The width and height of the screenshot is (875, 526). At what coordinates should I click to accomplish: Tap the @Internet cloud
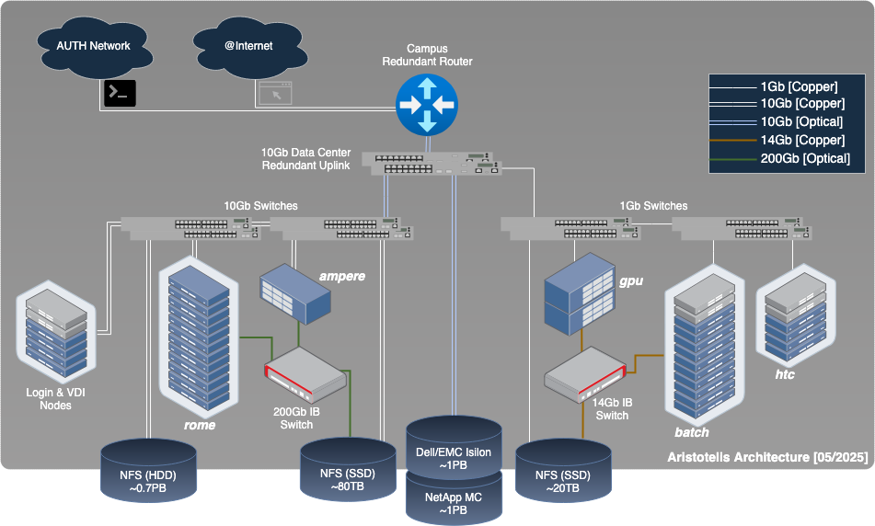[x=246, y=46]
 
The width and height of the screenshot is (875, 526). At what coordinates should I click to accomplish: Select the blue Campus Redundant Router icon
[x=426, y=103]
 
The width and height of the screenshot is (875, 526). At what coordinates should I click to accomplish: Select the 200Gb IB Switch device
[x=305, y=373]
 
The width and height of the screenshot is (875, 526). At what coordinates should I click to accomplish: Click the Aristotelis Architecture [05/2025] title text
[x=766, y=458]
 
